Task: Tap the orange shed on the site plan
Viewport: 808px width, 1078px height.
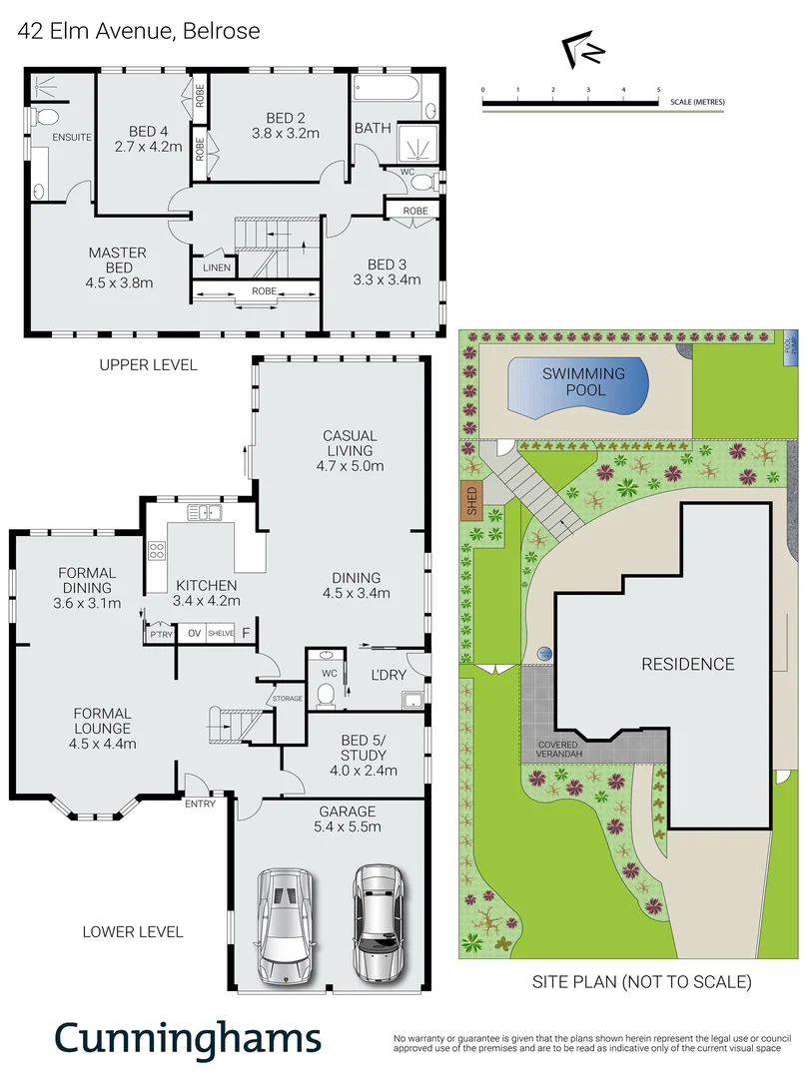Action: [x=471, y=499]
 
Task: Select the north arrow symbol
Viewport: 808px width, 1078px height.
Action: [x=582, y=49]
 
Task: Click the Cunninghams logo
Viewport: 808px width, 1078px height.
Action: [x=188, y=1038]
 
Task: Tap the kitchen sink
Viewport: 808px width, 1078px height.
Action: [x=209, y=514]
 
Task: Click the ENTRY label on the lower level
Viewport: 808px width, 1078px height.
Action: [x=200, y=804]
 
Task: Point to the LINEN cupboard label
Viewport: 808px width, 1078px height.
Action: [x=217, y=268]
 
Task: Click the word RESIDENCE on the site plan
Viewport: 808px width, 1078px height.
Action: [x=687, y=664]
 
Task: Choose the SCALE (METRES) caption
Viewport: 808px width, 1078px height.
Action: [x=698, y=102]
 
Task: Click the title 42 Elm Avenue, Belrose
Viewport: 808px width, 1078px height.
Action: [x=140, y=31]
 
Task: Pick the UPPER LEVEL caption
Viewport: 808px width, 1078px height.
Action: [x=148, y=364]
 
